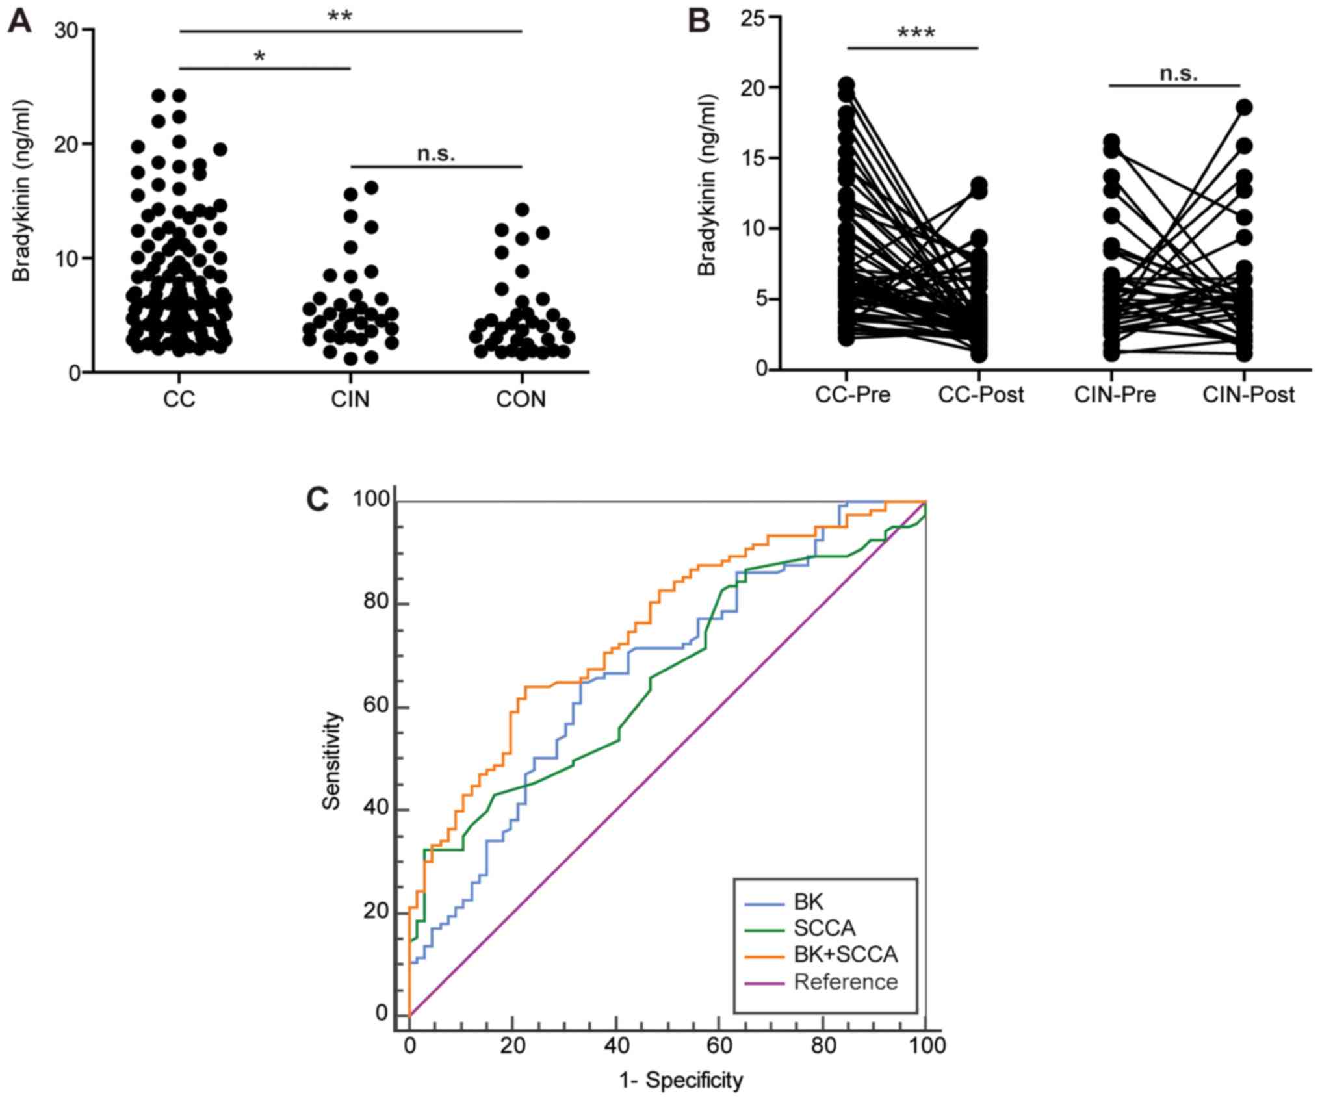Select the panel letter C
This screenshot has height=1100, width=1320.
[x=317, y=500]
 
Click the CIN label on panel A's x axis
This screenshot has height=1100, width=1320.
[x=350, y=398]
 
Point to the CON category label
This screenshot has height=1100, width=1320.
[x=521, y=398]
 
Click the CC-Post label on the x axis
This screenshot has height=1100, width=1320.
[x=980, y=394]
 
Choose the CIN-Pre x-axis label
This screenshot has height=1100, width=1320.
[x=1115, y=394]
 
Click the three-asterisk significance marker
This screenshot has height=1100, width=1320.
[x=916, y=33]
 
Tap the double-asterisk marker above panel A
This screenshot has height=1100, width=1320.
[x=339, y=17]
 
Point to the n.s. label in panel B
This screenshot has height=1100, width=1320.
[x=1178, y=73]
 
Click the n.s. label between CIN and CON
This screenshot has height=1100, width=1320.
[x=435, y=154]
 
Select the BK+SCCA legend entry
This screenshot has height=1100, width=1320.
[x=845, y=954]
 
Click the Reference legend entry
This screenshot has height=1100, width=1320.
[x=845, y=981]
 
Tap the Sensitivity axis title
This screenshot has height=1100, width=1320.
[x=331, y=760]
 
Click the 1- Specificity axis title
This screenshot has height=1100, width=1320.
[x=680, y=1080]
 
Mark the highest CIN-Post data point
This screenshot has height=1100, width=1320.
[x=1243, y=107]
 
